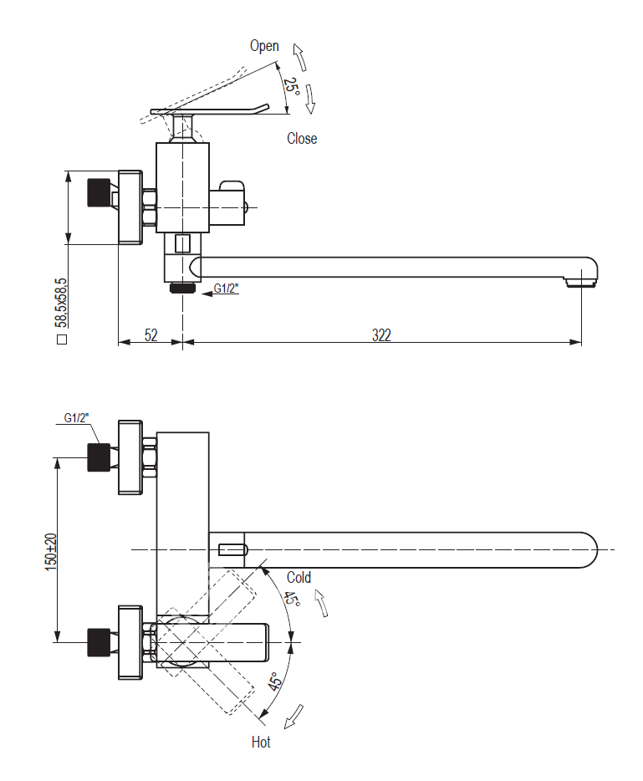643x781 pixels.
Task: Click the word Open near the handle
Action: pyautogui.click(x=264, y=47)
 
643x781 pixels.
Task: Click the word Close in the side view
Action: pyautogui.click(x=302, y=139)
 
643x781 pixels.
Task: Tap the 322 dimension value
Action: pyautogui.click(x=381, y=335)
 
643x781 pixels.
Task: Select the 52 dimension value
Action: pyautogui.click(x=151, y=335)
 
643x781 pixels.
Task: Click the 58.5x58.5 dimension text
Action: pyautogui.click(x=61, y=303)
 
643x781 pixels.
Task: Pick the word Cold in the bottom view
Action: pyautogui.click(x=299, y=578)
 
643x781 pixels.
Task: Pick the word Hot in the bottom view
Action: pyautogui.click(x=261, y=742)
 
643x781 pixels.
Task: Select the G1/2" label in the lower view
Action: pyautogui.click(x=76, y=418)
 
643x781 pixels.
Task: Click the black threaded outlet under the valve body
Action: pyautogui.click(x=182, y=288)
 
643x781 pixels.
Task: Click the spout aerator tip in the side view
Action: pyautogui.click(x=582, y=283)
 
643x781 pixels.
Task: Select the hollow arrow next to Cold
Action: pyautogui.click(x=321, y=602)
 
